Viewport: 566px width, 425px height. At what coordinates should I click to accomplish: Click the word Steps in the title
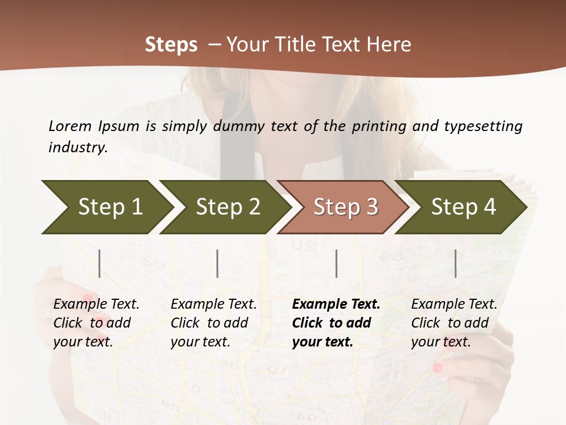tap(171, 45)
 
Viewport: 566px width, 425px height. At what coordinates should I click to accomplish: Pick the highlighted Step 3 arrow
tap(345, 207)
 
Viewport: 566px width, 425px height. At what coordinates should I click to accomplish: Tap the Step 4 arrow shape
tap(463, 207)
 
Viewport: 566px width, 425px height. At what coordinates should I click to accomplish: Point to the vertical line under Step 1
tap(100, 263)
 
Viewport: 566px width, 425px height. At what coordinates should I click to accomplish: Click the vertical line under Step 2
tap(218, 263)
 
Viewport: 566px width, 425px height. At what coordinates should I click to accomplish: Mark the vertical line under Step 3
tap(336, 263)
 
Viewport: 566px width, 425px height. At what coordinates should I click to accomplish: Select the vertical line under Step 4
tap(455, 263)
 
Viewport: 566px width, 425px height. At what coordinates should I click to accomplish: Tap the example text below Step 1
tap(96, 323)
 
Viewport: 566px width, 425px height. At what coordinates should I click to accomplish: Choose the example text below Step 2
tap(213, 323)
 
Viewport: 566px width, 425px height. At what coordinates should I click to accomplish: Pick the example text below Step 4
tap(454, 323)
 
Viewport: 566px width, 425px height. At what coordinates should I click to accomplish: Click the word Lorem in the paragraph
tap(70, 126)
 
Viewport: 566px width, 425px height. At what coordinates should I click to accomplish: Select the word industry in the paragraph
tap(78, 147)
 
